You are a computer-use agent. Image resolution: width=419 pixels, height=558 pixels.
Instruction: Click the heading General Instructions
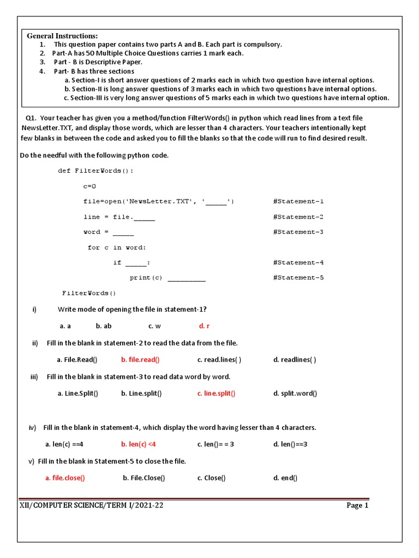(63, 35)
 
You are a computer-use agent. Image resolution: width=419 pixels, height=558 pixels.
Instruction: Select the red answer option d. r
(204, 326)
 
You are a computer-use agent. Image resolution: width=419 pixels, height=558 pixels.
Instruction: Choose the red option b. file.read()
(140, 360)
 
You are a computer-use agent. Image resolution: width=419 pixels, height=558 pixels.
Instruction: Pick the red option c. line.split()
(216, 393)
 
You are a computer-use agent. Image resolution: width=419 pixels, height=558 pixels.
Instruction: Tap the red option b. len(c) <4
(139, 444)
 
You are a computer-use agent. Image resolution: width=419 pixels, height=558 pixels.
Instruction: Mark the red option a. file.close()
(65, 478)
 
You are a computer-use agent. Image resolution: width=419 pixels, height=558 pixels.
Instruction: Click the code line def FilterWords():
(95, 171)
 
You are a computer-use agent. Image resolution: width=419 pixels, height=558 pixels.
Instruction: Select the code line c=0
(89, 186)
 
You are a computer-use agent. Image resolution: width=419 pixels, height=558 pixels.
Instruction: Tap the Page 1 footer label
(357, 506)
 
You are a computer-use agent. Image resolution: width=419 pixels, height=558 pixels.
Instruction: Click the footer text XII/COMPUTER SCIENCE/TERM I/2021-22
(91, 506)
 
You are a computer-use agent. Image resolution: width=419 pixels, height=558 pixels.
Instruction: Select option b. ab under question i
(104, 326)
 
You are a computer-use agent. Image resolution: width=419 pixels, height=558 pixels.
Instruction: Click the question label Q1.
(31, 118)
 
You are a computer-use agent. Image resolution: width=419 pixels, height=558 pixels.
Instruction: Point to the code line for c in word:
(117, 247)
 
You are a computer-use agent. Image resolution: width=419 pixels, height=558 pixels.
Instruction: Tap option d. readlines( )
(294, 360)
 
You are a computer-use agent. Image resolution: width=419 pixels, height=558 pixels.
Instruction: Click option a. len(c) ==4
(64, 444)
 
